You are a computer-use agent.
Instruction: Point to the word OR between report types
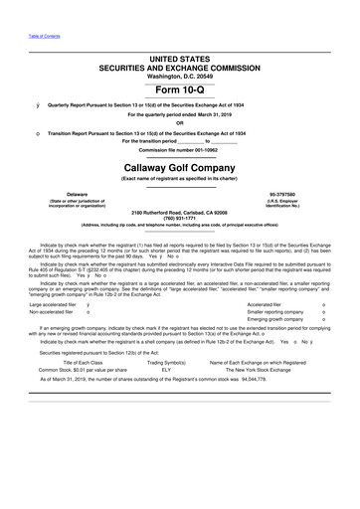(x=179, y=123)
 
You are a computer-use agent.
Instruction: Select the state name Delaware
(x=64, y=194)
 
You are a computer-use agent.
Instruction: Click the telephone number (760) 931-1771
(x=180, y=217)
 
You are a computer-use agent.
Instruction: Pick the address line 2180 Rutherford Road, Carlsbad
(x=180, y=211)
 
